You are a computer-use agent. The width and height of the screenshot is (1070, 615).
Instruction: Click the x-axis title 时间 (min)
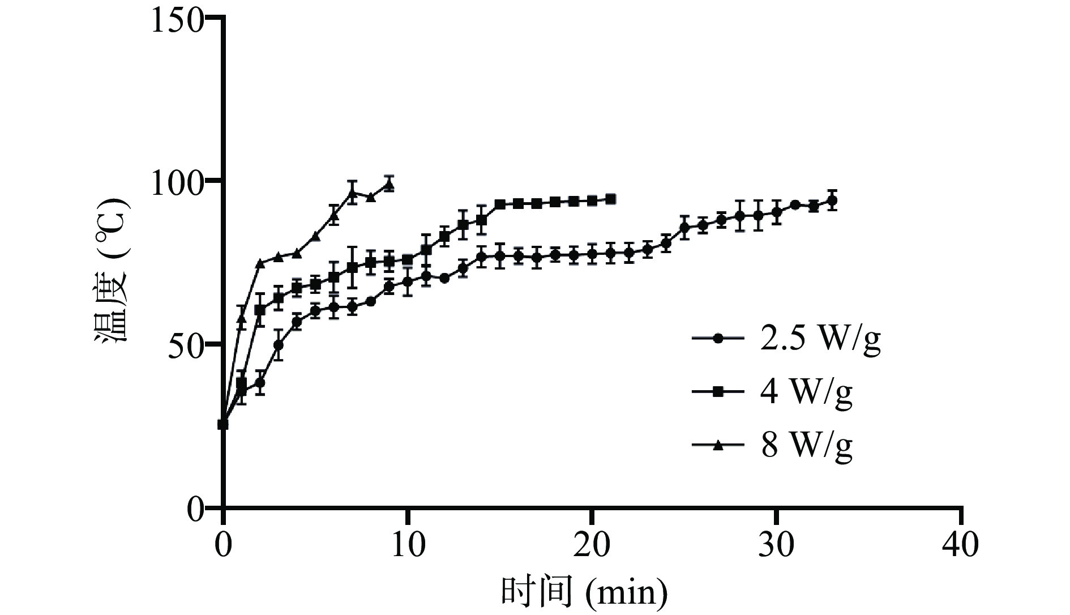pyautogui.click(x=584, y=592)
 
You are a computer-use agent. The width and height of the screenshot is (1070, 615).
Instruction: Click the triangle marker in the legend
pyautogui.click(x=718, y=446)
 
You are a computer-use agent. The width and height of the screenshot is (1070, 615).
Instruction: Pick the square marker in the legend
pyautogui.click(x=718, y=391)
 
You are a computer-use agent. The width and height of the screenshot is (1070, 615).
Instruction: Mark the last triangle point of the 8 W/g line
pyautogui.click(x=389, y=185)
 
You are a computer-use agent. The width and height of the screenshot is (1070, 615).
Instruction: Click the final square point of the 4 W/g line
pyautogui.click(x=610, y=199)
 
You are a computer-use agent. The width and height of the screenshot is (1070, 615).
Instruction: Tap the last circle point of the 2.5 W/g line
pyautogui.click(x=832, y=200)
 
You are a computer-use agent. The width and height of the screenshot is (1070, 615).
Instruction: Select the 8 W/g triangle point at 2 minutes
pyautogui.click(x=260, y=263)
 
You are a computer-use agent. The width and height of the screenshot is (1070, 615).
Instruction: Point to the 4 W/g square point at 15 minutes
pyautogui.click(x=500, y=204)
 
